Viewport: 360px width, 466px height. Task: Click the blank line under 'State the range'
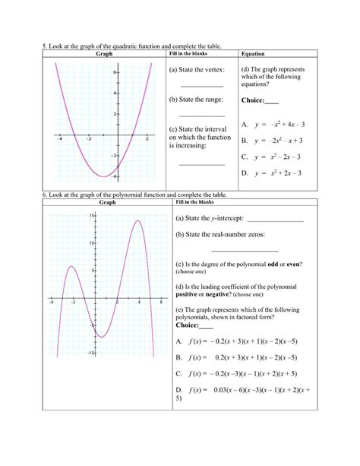click(x=202, y=115)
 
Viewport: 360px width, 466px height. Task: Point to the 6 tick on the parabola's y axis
click(x=114, y=72)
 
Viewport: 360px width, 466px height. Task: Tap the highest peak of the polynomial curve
click(x=137, y=221)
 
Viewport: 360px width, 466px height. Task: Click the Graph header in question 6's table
click(x=108, y=203)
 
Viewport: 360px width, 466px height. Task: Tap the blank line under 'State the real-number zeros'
click(x=245, y=250)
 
